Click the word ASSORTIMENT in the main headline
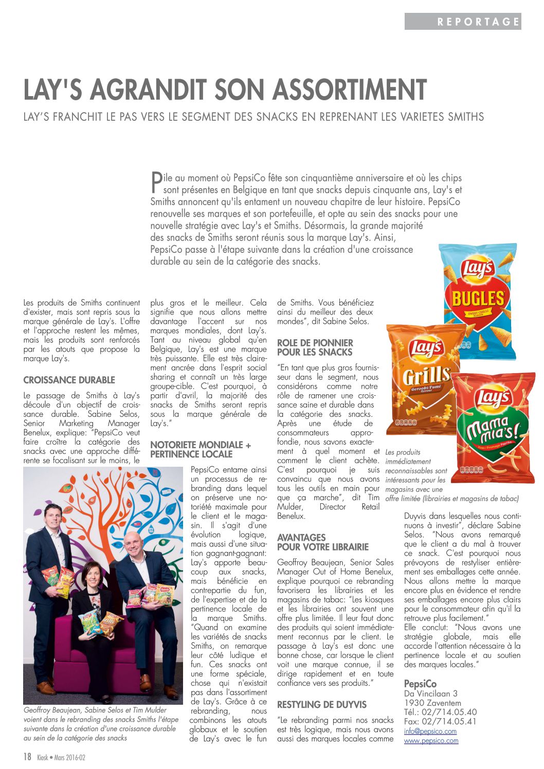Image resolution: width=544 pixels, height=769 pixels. coord(350,90)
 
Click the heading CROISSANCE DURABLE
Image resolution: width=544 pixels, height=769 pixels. coord(69,380)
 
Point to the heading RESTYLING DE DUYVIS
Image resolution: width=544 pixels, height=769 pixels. coord(322,705)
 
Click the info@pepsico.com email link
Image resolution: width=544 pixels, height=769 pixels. coord(430,731)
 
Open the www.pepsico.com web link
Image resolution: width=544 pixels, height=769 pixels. coord(431,741)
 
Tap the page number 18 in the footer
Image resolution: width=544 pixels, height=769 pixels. coord(27,757)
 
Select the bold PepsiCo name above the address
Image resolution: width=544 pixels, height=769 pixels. coord(420,684)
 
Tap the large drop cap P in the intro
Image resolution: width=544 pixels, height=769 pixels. coord(156,182)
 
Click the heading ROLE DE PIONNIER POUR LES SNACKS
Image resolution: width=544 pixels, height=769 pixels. coord(315,347)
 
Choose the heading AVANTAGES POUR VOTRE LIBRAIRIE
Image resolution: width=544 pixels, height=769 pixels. coord(323,542)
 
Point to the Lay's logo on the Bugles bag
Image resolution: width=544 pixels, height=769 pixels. coord(478,269)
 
